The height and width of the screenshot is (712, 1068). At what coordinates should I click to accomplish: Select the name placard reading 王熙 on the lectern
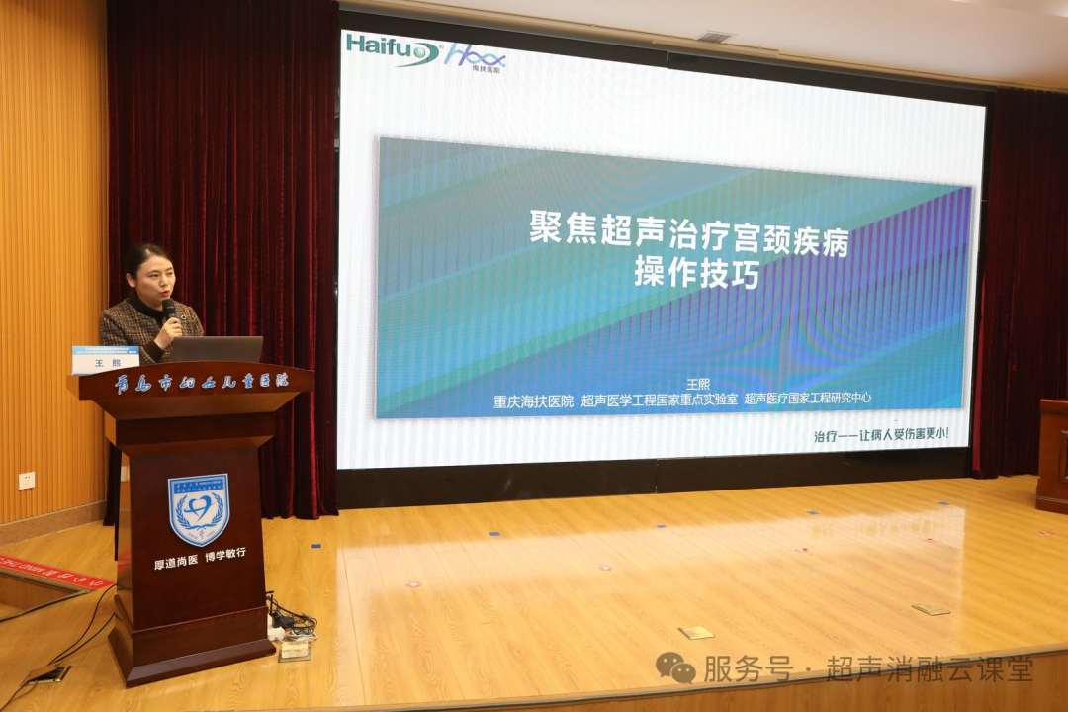[105, 362]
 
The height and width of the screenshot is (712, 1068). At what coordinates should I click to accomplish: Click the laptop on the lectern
[218, 349]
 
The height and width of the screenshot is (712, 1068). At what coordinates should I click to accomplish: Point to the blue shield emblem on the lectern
[198, 509]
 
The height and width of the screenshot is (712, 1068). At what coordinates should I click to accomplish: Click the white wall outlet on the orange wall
[27, 480]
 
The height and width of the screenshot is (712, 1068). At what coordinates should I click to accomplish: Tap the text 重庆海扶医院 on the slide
[533, 401]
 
